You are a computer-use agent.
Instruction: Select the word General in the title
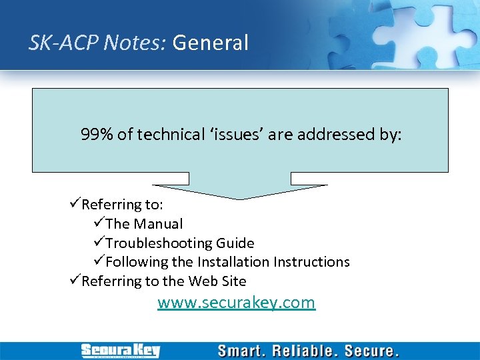coord(210,43)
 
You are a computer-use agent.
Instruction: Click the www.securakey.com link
coord(236,303)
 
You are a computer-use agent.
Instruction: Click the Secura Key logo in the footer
coord(121,351)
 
